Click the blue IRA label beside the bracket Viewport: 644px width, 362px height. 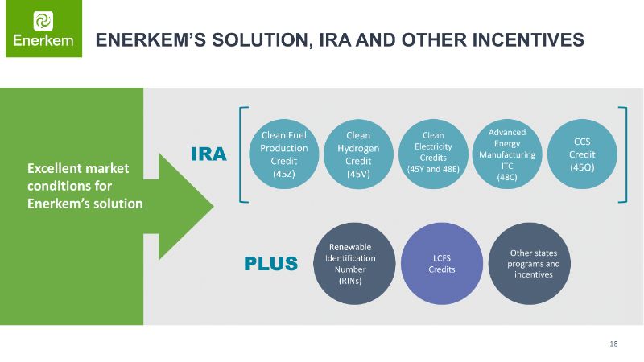[x=208, y=154]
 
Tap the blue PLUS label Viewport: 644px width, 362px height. [x=271, y=263]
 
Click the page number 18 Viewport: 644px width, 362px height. [x=613, y=344]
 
